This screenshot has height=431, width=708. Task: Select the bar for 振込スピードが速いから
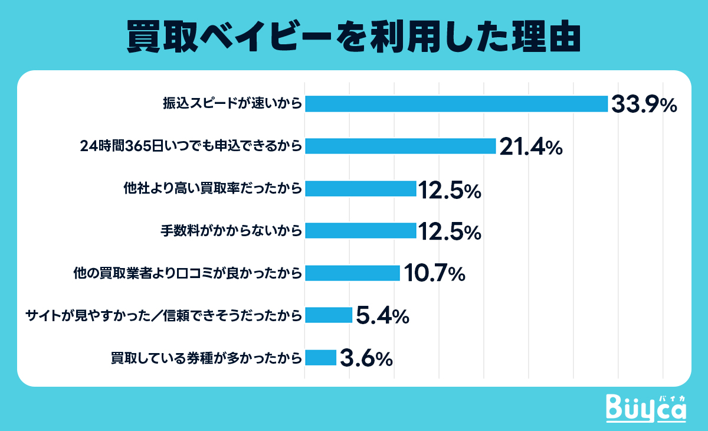(456, 104)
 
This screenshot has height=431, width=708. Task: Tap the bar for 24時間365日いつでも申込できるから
(400, 146)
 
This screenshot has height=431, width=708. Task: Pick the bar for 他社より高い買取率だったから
(360, 188)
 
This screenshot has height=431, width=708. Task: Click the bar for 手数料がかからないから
(360, 230)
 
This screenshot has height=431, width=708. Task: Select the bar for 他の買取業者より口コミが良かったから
(352, 273)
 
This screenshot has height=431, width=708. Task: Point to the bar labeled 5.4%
(329, 315)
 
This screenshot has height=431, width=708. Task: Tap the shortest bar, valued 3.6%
(320, 358)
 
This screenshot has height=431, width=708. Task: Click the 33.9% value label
(643, 105)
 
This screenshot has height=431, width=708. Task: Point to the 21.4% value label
(531, 147)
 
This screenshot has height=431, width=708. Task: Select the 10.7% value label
(434, 273)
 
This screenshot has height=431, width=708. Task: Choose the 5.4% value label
(383, 316)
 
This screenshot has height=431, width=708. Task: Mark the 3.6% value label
(366, 358)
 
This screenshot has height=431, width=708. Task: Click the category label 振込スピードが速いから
(232, 105)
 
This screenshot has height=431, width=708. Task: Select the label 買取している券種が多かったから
(207, 358)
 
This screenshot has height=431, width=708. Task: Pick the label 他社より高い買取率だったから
(213, 188)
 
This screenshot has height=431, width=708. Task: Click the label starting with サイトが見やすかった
(165, 315)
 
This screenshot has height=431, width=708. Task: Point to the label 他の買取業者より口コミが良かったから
(188, 273)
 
